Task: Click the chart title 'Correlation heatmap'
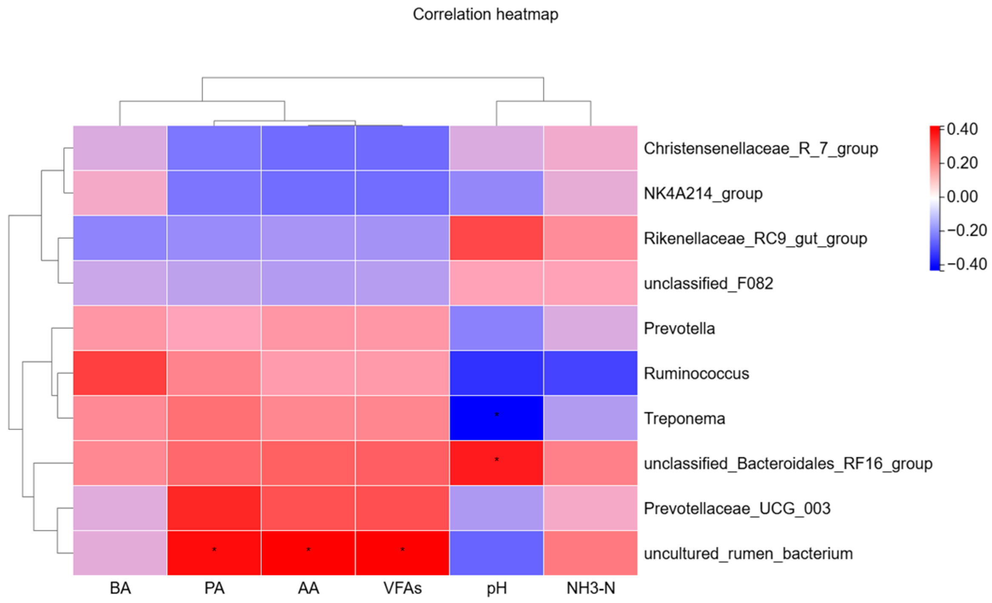coord(485,14)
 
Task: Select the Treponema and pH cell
coord(496,418)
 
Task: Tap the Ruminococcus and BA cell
coord(120,373)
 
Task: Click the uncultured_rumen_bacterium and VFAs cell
coord(402,553)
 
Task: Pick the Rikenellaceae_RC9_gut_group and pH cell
coord(496,238)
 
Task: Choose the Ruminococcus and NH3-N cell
coord(590,373)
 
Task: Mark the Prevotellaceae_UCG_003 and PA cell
coord(214,508)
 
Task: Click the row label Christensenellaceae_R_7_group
coord(761,149)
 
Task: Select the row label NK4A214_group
coord(703,194)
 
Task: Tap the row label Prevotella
coord(679,328)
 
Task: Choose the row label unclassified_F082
coord(708,283)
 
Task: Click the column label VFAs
coord(402,588)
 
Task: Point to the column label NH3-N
coord(591,588)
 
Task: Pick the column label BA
coord(120,588)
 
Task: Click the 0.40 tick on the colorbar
coord(942,129)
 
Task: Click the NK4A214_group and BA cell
coord(120,193)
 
